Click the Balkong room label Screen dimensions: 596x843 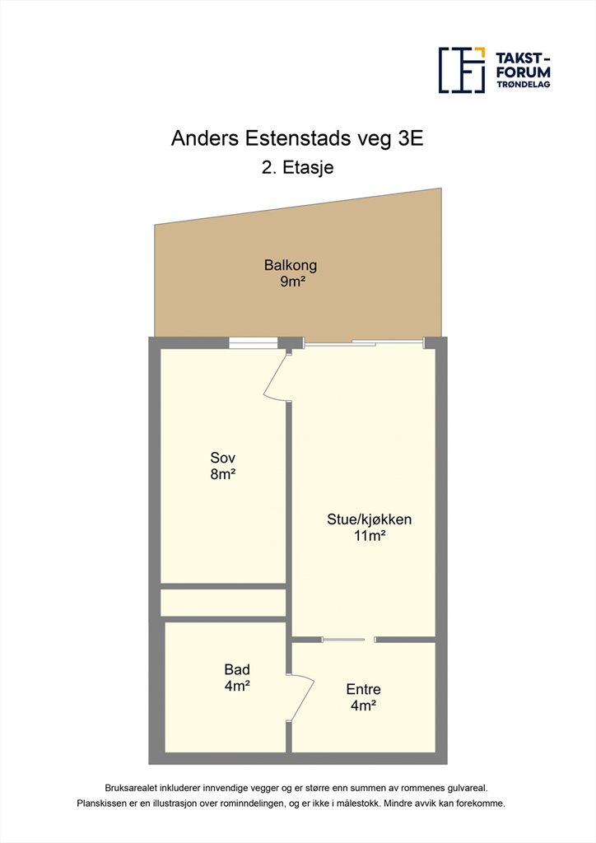(x=291, y=265)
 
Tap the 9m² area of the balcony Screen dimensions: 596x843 (x=292, y=282)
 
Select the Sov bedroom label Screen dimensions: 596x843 (x=222, y=458)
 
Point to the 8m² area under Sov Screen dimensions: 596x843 (x=224, y=474)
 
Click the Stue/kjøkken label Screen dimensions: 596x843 (x=370, y=519)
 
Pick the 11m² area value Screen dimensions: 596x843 (x=370, y=535)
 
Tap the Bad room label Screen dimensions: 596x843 (x=237, y=669)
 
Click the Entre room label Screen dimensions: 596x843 (x=363, y=689)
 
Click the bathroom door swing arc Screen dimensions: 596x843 (x=303, y=696)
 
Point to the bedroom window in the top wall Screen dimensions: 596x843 (x=253, y=343)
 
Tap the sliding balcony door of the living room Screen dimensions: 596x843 (x=364, y=342)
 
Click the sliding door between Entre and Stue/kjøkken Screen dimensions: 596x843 (x=343, y=639)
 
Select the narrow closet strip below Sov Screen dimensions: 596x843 (x=223, y=603)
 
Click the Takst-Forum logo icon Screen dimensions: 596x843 (x=462, y=70)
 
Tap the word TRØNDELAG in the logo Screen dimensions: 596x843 (x=523, y=85)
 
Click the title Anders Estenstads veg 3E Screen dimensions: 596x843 (x=297, y=138)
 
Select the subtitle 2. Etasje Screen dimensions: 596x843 (x=298, y=167)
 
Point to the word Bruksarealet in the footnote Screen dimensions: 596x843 (x=131, y=788)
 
